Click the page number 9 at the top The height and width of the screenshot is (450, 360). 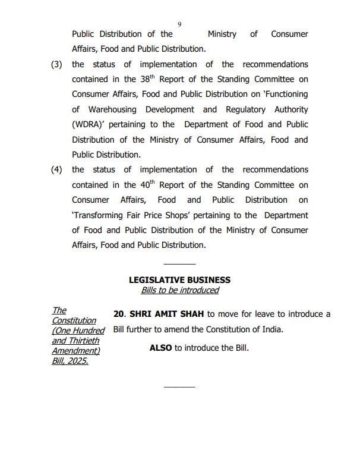pos(179,24)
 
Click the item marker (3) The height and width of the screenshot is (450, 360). pos(56,64)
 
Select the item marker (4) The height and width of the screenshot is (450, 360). pos(56,169)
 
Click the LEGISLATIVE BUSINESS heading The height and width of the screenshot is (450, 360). pos(179,279)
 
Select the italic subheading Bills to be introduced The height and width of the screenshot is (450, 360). pos(179,290)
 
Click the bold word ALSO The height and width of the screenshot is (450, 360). pos(160,348)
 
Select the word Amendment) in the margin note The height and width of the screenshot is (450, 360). pos(75,351)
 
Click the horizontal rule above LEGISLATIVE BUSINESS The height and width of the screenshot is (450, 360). pos(179,263)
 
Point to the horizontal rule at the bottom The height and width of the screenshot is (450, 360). pos(179,387)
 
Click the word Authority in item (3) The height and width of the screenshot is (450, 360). pos(289,109)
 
